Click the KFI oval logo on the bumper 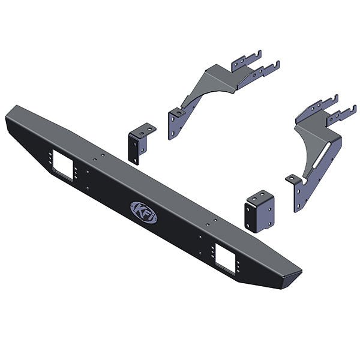tap(143, 212)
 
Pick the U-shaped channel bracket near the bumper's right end tap(259, 212)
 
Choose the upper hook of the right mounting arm tap(326, 101)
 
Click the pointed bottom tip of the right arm tap(296, 209)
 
